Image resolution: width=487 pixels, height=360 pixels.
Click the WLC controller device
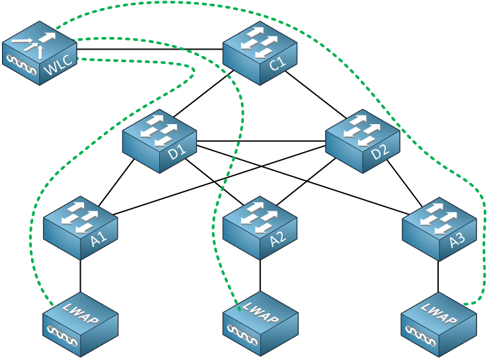point(40,53)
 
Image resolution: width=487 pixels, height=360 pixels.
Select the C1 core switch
point(260,53)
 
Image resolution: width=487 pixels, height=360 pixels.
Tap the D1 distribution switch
point(160,141)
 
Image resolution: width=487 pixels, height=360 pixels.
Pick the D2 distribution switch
point(363,141)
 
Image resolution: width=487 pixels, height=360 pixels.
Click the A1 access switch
point(81,228)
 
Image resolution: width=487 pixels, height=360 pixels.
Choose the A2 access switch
point(260,228)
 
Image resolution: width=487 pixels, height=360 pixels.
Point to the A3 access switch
point(439,229)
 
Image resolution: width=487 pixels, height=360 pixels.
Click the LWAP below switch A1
point(81,324)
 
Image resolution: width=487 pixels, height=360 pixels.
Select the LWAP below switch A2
point(260,324)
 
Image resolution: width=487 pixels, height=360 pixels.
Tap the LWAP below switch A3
point(439,324)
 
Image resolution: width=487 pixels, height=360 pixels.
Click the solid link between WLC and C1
point(150,49)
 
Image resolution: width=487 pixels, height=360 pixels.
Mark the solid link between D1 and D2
point(261,141)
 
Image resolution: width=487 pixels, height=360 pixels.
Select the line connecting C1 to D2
point(316,95)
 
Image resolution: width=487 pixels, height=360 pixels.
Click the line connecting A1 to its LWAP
point(81,276)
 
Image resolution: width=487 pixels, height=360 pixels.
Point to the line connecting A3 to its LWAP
point(439,277)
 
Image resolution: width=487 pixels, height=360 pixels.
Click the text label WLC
point(59,65)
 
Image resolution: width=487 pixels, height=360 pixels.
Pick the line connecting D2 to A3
point(404,184)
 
